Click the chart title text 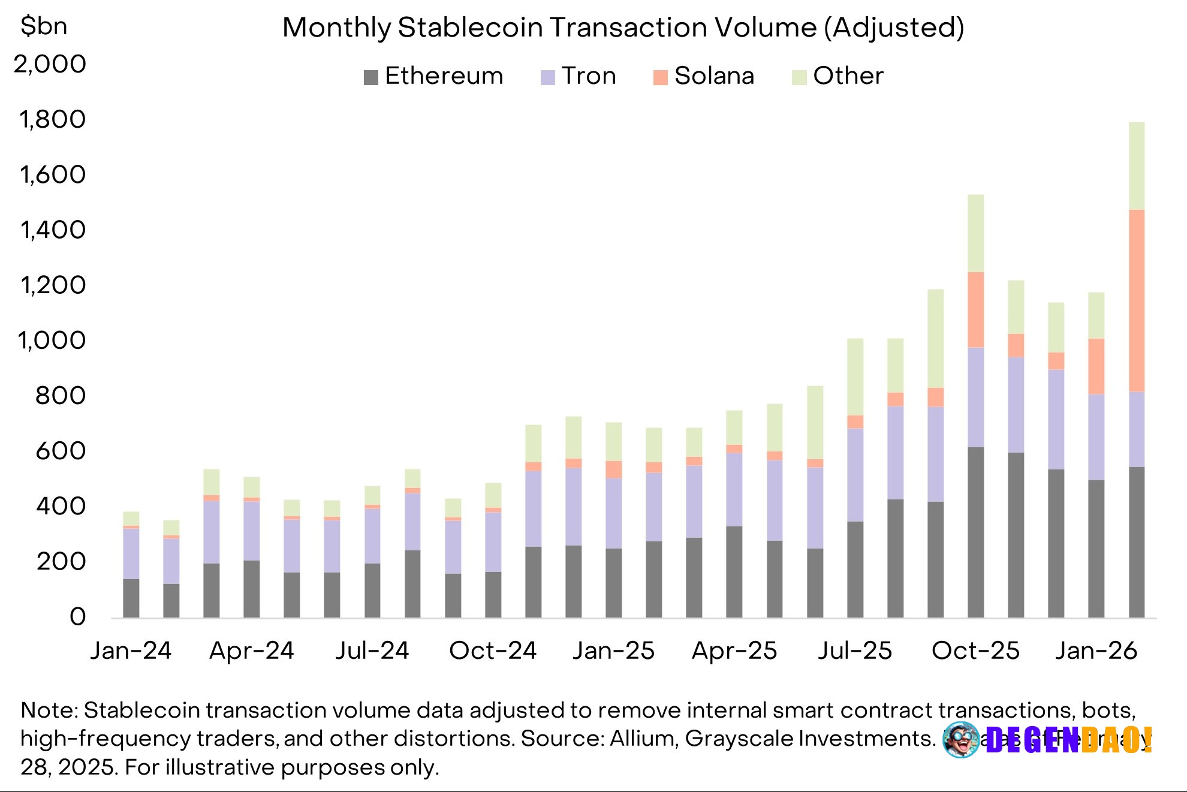point(623,28)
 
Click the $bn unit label point(44,26)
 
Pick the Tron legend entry point(579,76)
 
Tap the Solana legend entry point(704,76)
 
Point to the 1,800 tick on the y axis point(53,119)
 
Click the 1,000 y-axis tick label point(53,341)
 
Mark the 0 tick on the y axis point(78,617)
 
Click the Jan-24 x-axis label point(131,651)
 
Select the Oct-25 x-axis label point(975,651)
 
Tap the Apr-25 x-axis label point(734,651)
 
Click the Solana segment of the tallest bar point(1137,300)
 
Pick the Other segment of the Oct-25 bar point(975,233)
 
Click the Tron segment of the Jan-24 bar point(131,553)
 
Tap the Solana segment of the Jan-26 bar point(1096,366)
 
